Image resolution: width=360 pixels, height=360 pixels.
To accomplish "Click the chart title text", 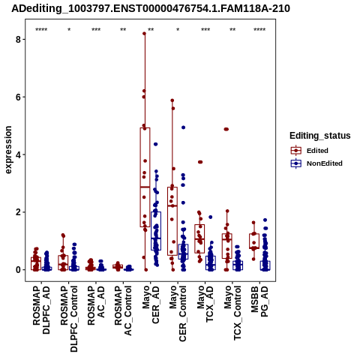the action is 151,8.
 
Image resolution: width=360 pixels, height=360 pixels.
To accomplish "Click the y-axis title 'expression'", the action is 8,150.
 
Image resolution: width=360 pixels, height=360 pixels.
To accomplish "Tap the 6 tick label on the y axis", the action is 18,97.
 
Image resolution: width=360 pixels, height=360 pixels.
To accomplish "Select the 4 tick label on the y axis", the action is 18,154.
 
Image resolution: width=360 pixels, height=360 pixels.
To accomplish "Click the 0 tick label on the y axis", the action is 18,270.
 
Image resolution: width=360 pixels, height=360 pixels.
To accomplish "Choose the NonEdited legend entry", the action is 316,163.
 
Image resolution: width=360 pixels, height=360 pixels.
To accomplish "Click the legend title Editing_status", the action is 320,136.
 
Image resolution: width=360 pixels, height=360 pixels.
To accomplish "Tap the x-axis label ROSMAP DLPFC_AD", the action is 41,310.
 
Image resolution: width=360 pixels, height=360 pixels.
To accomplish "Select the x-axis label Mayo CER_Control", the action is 178,313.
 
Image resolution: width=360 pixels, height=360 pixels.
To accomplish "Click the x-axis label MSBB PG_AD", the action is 259,301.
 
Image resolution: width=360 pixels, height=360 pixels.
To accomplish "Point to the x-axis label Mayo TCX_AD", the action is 205,304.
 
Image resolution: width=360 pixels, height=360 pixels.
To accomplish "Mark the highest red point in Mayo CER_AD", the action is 144,34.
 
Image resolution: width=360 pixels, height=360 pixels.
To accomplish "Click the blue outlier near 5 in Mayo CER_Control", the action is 183,127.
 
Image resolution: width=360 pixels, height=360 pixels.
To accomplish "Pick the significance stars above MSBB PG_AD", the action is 259,30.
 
